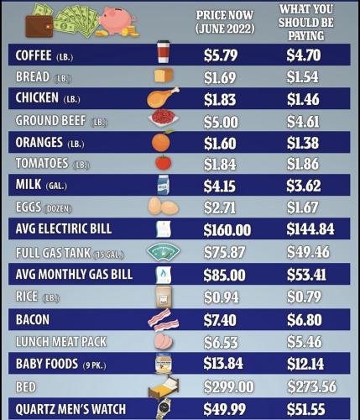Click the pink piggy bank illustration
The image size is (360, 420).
click(117, 20)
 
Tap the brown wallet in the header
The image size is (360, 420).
click(39, 26)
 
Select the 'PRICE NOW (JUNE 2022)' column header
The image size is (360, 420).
click(225, 22)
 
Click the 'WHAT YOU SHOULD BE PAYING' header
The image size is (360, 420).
click(306, 23)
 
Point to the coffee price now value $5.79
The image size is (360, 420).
click(221, 55)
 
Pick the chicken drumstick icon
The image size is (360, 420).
click(163, 97)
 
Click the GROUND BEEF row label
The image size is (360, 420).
click(50, 121)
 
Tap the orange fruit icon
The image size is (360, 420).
click(162, 141)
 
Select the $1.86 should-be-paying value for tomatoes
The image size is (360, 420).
click(303, 164)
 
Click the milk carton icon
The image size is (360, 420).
click(164, 185)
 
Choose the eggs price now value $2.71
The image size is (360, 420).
click(220, 207)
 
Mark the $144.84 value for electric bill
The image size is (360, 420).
click(310, 229)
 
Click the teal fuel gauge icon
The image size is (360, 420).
click(164, 252)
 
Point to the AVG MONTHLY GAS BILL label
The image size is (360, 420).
click(74, 274)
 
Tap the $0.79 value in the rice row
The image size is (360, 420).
click(305, 297)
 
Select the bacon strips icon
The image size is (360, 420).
click(164, 320)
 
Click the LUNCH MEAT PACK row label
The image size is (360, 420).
click(61, 342)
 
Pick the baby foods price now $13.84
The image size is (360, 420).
click(223, 364)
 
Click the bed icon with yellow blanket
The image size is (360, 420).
click(164, 387)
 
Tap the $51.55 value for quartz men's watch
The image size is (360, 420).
click(306, 409)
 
